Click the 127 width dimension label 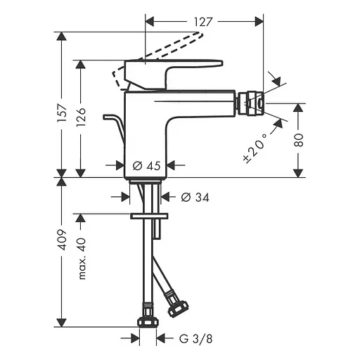pos(204,22)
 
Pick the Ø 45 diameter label pos(148,166)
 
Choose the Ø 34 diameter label pos(194,198)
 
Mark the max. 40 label pos(83,258)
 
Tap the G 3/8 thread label pos(191,338)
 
